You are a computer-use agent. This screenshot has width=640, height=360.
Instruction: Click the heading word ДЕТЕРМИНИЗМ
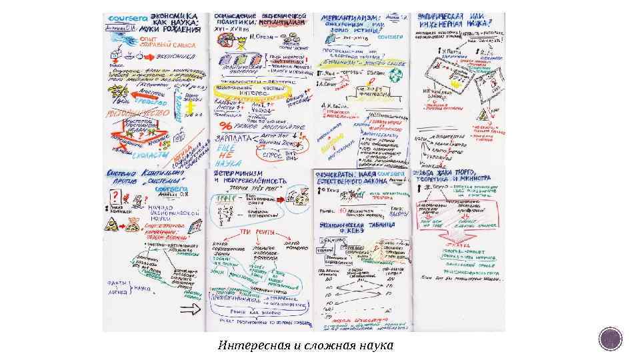(x=234, y=173)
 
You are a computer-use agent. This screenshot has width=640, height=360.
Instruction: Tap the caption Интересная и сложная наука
(x=305, y=345)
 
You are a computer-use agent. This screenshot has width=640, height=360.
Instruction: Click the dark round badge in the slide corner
(x=610, y=339)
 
